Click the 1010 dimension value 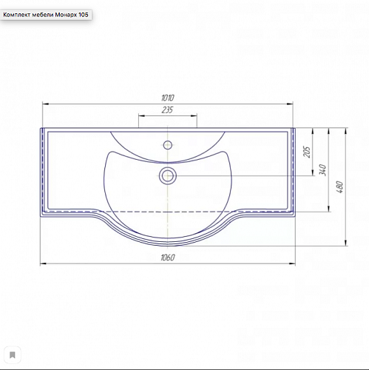168,98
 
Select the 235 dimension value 167,110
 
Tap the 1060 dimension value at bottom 168,258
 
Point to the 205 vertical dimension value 307,152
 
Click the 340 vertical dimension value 322,170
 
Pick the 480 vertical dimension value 339,187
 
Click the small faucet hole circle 168,145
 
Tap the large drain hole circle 168,176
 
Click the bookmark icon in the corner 13,355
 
